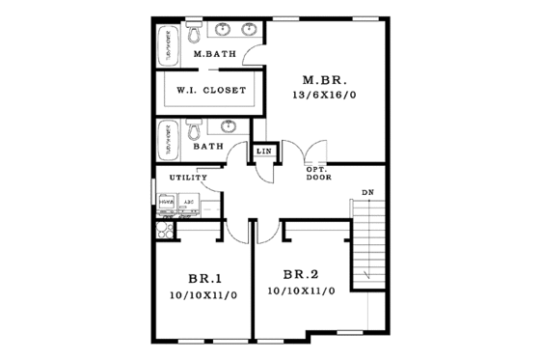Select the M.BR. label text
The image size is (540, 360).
tap(323, 79)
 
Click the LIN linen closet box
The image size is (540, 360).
tap(261, 152)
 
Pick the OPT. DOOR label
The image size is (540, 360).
tap(317, 174)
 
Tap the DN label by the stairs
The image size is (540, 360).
tap(367, 192)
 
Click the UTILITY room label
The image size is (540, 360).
tap(188, 178)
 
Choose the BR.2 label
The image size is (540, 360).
tap(301, 274)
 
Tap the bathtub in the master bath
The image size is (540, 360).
tap(168, 46)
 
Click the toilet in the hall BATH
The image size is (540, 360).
tap(194, 129)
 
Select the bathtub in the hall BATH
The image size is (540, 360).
tap(168, 138)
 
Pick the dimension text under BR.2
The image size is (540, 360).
tap(301, 291)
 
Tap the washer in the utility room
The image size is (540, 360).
tap(166, 205)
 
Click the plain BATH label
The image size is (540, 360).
tap(206, 147)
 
